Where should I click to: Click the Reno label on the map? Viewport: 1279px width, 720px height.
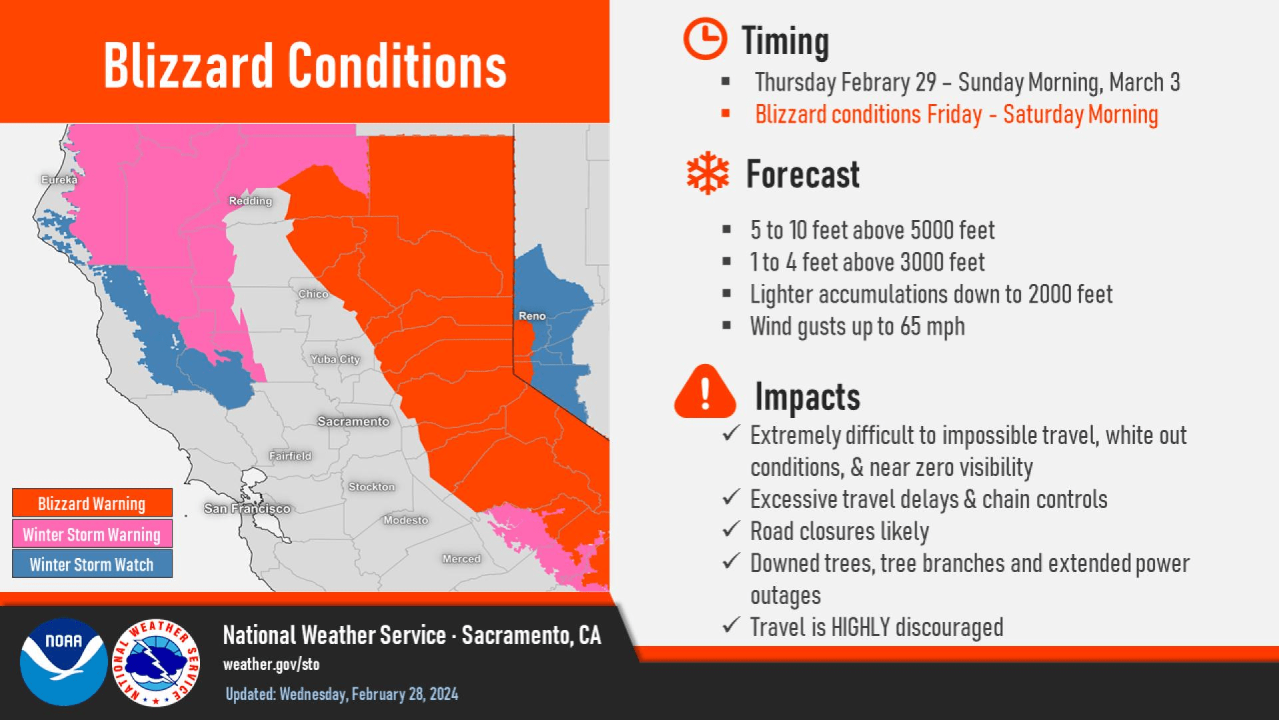point(532,316)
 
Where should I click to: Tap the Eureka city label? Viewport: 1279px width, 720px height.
point(59,180)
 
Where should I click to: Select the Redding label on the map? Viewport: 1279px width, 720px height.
point(250,201)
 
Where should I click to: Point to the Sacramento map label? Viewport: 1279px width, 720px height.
point(353,421)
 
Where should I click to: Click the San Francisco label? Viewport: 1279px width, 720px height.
point(247,509)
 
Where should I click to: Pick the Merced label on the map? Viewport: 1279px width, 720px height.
point(462,559)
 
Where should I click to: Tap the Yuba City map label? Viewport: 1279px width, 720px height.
point(335,359)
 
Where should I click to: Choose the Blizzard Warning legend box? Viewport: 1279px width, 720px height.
point(92,503)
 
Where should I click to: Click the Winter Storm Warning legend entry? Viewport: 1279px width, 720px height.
point(92,534)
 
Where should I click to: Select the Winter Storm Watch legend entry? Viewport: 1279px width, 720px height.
point(92,564)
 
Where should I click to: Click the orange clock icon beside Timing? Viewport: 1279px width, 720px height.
point(705,39)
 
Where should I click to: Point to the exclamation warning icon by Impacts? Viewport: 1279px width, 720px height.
point(705,392)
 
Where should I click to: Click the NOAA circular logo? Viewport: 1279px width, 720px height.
point(64,662)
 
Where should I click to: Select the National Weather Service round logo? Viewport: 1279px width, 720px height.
point(156,662)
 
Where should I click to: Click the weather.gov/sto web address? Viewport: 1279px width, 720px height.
point(271,665)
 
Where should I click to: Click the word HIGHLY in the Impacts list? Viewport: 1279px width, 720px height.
point(861,627)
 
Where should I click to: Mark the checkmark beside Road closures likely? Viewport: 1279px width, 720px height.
point(731,530)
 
